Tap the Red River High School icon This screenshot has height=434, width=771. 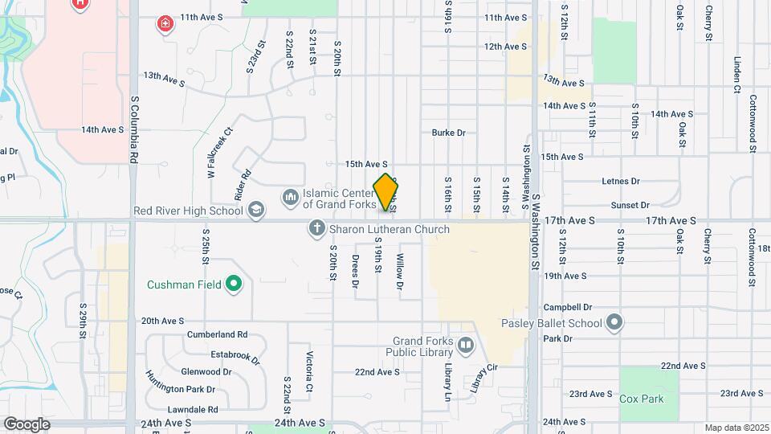pos(256,211)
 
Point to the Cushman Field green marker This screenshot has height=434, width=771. pos(234,284)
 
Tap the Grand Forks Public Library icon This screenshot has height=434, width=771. pos(466,346)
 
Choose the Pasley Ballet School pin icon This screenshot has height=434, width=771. pos(614,323)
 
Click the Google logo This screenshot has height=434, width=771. pos(27,424)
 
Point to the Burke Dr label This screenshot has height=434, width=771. pos(448,133)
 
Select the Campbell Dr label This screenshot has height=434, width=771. pos(567,307)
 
